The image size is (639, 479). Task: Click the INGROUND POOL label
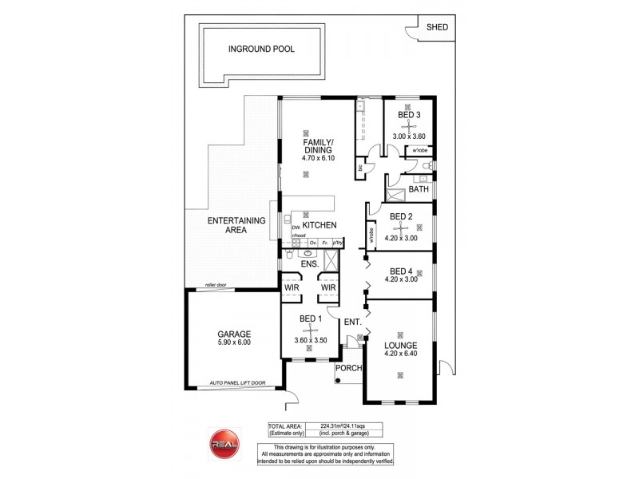(x=261, y=49)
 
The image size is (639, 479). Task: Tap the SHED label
(x=437, y=27)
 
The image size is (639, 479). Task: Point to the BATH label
(x=419, y=190)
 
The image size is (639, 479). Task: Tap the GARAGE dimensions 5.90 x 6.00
(x=234, y=342)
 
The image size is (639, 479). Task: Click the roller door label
(x=216, y=284)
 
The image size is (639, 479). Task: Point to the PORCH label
(x=349, y=368)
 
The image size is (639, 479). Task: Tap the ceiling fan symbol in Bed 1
(x=310, y=330)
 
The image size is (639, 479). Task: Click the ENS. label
(x=310, y=263)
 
